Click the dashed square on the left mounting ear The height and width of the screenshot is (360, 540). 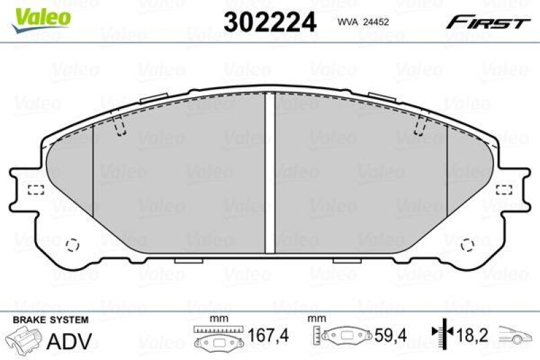tap(35, 190)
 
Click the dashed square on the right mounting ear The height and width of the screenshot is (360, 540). tap(504, 190)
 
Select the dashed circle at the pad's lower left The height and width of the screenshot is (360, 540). tap(74, 243)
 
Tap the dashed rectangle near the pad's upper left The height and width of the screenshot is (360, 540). tap(119, 126)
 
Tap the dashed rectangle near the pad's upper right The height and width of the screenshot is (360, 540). tap(421, 125)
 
